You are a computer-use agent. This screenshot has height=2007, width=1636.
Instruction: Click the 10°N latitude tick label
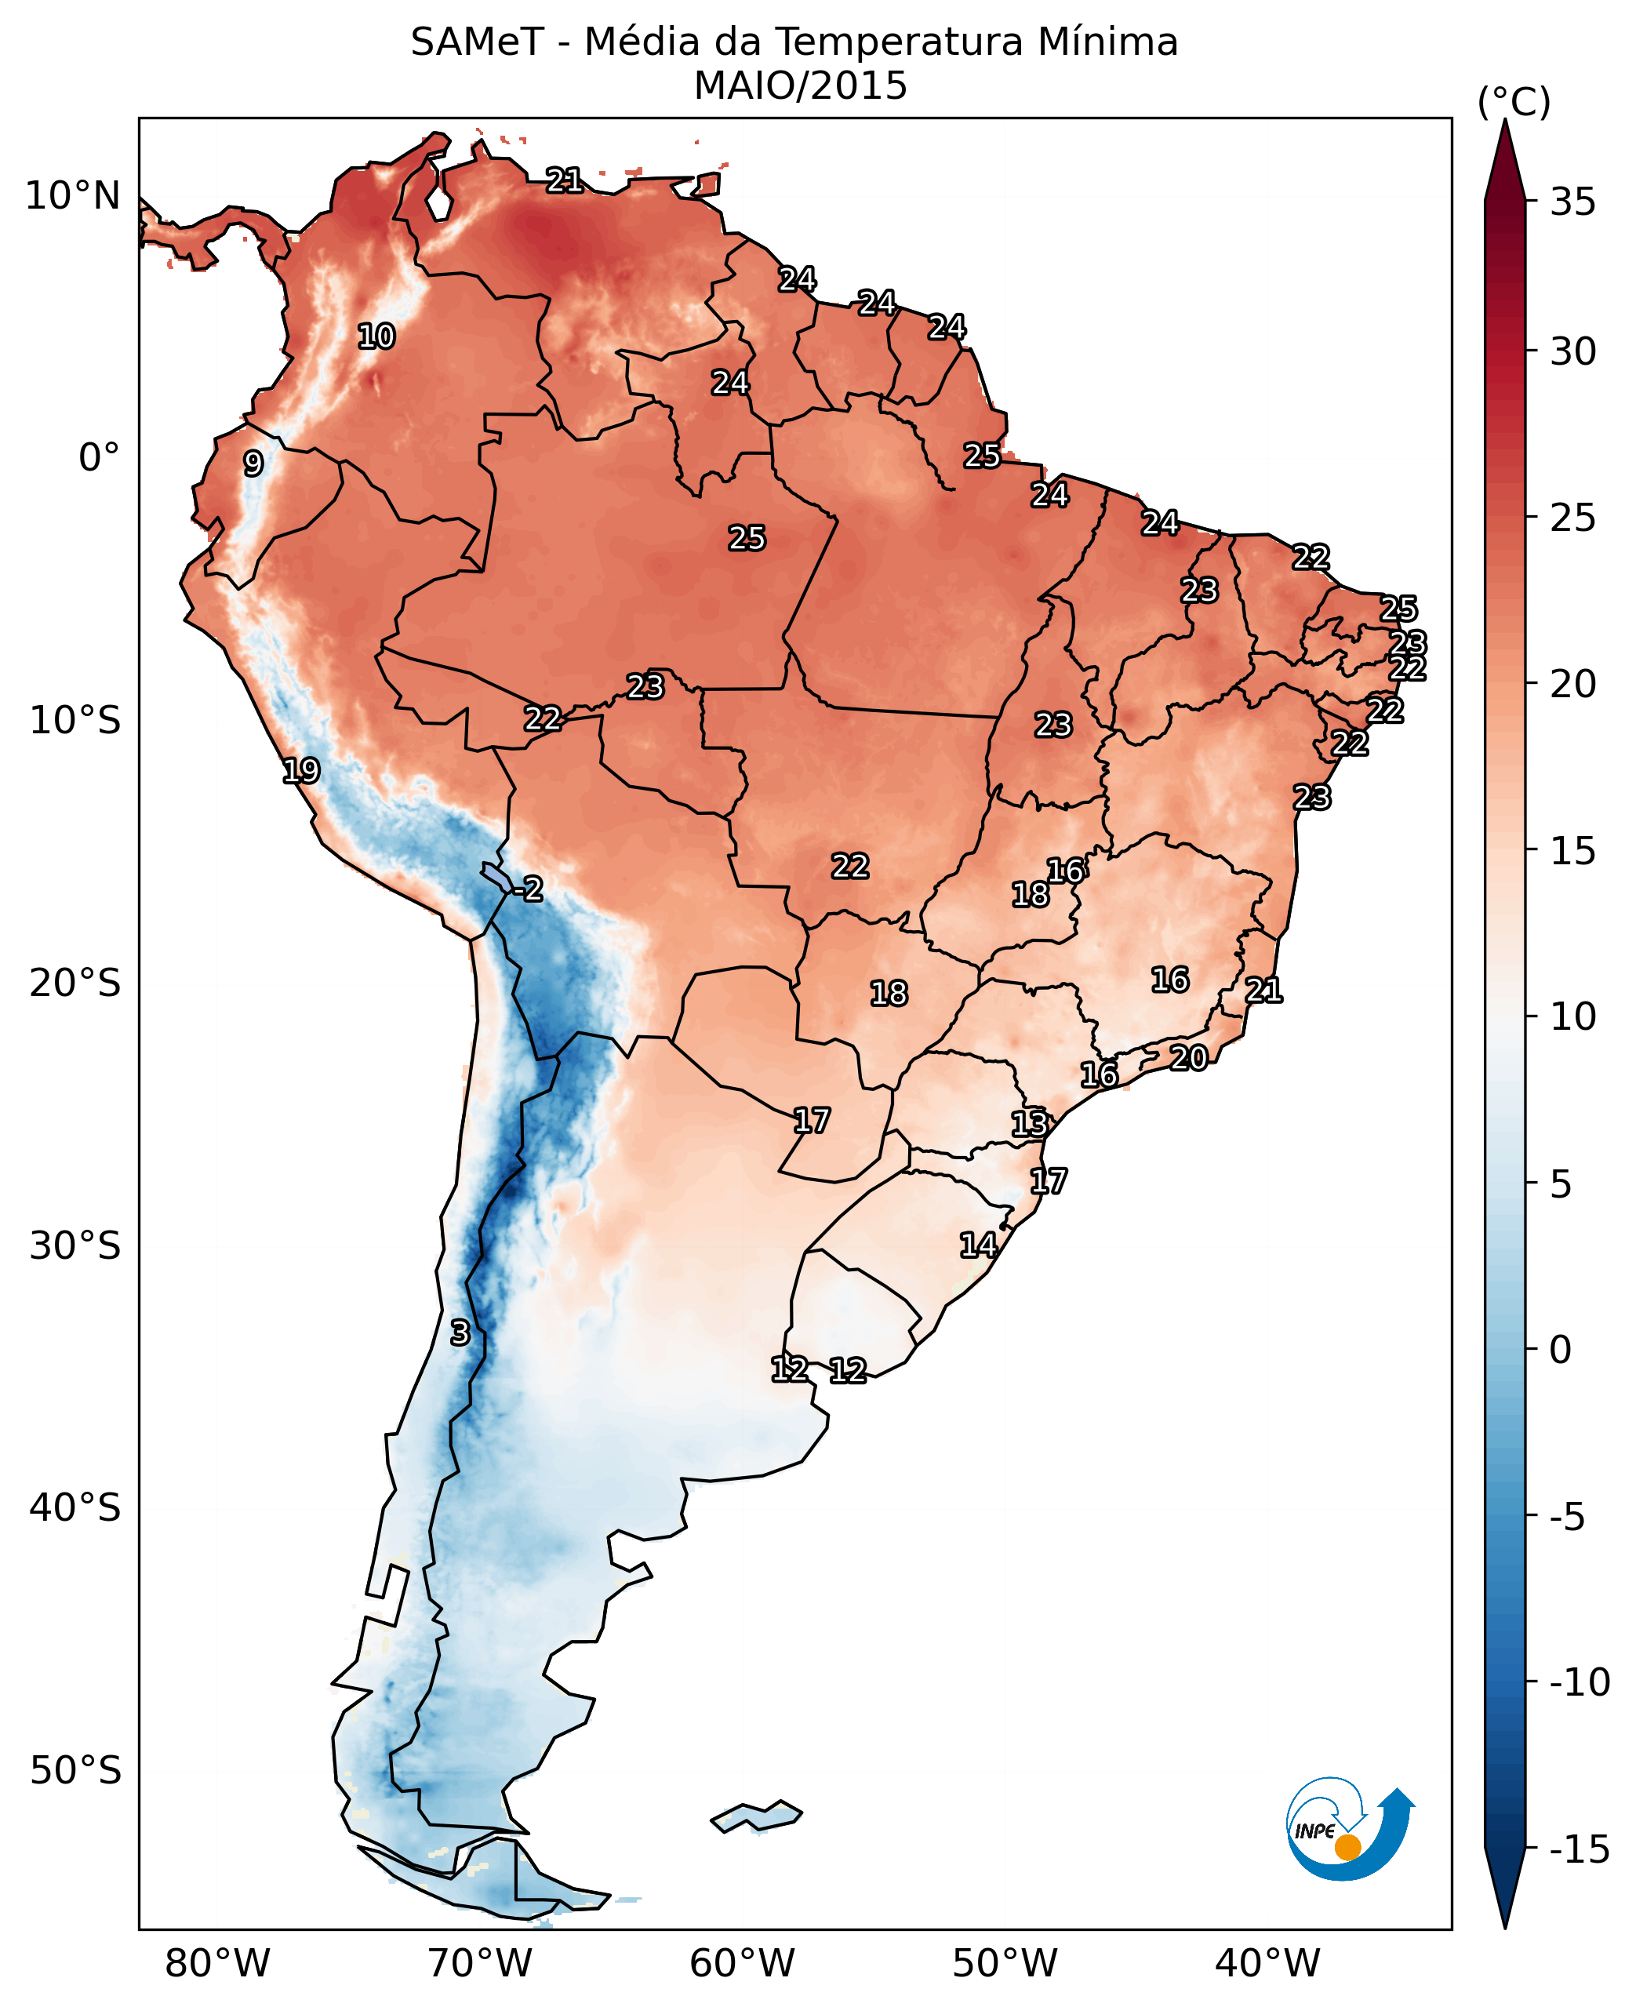tap(73, 196)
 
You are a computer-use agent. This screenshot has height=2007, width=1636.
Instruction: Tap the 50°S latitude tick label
tap(75, 1770)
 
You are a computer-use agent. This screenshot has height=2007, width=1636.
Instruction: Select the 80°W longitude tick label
tap(218, 1963)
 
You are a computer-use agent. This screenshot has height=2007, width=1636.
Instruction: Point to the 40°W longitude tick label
tap(1267, 1963)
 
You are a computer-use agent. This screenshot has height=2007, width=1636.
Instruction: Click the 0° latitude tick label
tap(100, 458)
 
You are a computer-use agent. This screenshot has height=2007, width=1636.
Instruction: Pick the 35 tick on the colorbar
tap(1572, 201)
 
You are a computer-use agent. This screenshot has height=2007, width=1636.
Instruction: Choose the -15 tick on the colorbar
tap(1580, 1849)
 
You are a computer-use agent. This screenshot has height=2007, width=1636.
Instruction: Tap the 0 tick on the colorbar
tap(1561, 1351)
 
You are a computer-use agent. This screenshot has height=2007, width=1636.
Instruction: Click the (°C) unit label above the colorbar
tap(1514, 102)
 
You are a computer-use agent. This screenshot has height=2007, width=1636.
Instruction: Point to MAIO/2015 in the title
tap(800, 85)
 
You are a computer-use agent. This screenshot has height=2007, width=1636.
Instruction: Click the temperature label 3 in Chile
tap(460, 1333)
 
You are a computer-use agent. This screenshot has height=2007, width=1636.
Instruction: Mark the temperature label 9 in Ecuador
tap(253, 464)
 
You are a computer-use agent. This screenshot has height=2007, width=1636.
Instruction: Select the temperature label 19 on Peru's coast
tap(302, 771)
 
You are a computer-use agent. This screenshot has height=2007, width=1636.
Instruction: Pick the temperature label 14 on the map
tap(978, 1245)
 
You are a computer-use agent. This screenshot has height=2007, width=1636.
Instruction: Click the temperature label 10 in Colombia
tap(376, 336)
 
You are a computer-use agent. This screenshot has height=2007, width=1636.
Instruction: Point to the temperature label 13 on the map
tap(1030, 1123)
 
